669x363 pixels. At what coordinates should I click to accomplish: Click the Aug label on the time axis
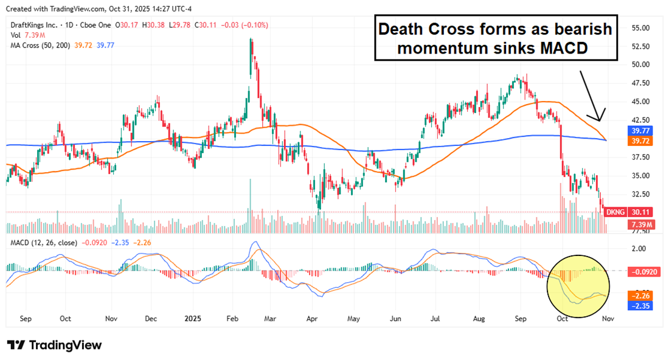478,319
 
